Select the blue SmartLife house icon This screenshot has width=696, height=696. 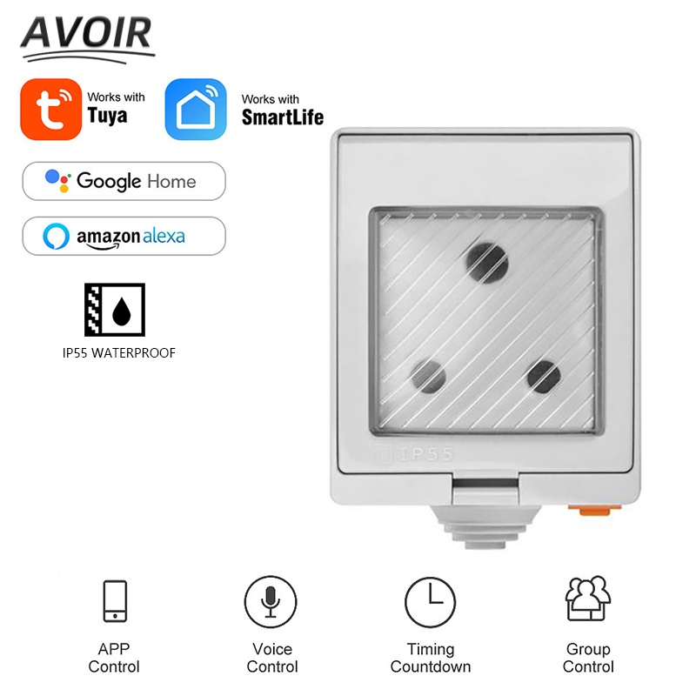click(195, 109)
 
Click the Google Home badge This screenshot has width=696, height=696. click(123, 181)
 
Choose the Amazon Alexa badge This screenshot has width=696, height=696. click(123, 236)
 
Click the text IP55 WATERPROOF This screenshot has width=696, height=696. click(113, 353)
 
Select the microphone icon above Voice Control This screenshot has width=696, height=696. click(270, 601)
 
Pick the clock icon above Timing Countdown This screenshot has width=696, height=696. click(430, 601)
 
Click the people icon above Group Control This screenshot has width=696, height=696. click(588, 599)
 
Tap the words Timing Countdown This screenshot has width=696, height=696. click(431, 658)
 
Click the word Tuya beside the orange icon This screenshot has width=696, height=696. click(107, 116)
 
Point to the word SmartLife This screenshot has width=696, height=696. click(282, 117)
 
